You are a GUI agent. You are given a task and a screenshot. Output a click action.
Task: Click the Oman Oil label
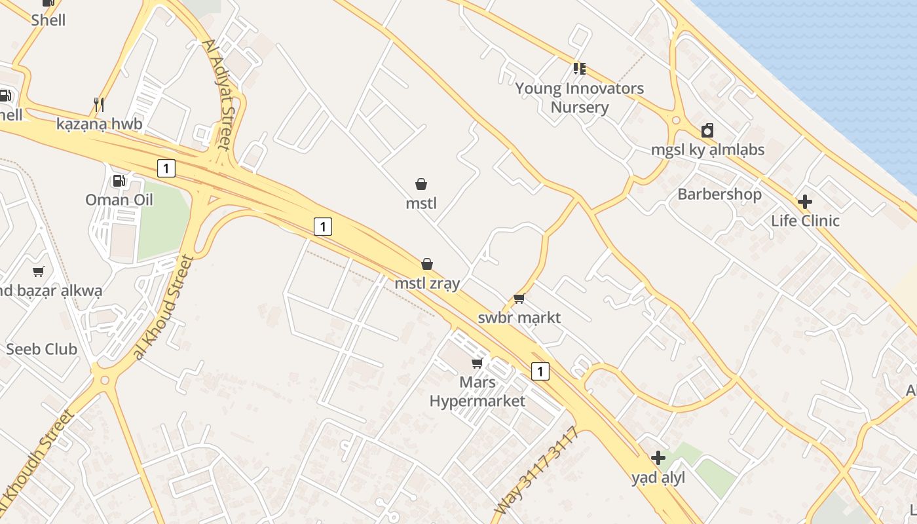tap(119, 200)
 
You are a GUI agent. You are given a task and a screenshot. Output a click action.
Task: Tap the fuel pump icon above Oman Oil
tap(119, 181)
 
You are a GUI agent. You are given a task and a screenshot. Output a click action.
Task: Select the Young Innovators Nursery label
tap(579, 98)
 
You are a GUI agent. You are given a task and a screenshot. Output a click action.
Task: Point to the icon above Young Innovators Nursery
tap(579, 68)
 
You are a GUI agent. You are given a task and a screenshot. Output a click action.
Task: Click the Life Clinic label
tap(805, 221)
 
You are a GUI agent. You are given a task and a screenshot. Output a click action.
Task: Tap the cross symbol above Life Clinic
tap(805, 202)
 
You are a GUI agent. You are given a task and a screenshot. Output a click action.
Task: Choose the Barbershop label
tap(719, 195)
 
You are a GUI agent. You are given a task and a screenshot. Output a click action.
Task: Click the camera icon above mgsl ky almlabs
tap(707, 130)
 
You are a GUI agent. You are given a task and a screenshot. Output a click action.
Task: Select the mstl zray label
tap(427, 284)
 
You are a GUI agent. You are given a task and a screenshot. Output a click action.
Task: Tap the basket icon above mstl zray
tap(427, 264)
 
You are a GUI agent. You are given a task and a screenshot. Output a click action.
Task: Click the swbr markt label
tap(519, 318)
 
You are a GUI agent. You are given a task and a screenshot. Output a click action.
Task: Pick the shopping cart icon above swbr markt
tap(519, 299)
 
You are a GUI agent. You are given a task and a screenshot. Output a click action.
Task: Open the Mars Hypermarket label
tap(477, 391)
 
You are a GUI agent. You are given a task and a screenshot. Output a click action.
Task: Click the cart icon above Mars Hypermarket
tap(477, 363)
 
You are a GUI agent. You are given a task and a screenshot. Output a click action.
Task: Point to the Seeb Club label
tap(41, 349)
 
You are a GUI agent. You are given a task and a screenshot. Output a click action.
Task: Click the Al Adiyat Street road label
tap(217, 94)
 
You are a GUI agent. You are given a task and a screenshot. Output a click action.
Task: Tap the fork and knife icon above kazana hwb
tap(99, 104)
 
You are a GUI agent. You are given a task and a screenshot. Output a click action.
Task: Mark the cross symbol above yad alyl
tap(658, 458)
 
